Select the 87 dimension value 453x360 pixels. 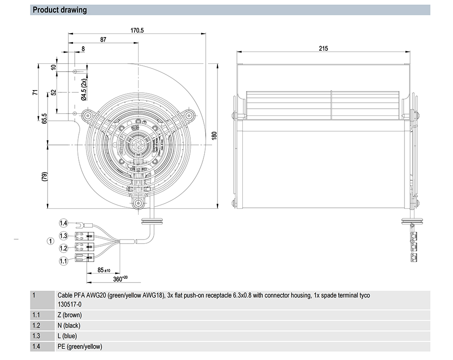103,40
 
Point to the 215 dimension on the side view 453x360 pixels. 323,48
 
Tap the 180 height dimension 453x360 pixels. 214,136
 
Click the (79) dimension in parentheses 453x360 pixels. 44,177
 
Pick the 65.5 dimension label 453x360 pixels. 44,118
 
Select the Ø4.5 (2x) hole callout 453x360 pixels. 84,89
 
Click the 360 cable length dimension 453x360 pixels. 119,279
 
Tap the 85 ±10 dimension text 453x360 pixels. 104,270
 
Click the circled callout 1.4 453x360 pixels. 63,223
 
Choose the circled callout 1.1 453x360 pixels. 63,260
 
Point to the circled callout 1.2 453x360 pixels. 63,248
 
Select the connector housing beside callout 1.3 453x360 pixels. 83,236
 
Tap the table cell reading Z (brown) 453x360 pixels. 69,315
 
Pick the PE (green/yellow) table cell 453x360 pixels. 80,346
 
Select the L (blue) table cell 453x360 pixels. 67,336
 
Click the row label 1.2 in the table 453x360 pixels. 37,325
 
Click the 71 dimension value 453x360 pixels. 35,92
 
